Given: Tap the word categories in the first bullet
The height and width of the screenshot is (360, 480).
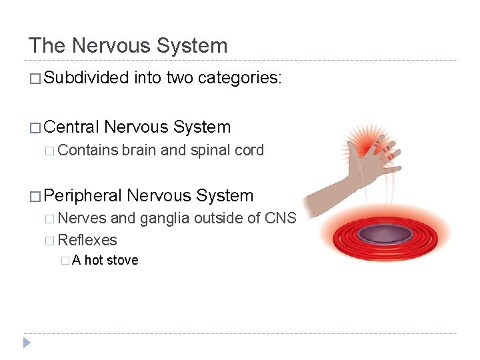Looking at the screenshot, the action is pyautogui.click(x=242, y=79).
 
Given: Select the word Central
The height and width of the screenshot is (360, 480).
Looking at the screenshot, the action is pyautogui.click(x=73, y=127).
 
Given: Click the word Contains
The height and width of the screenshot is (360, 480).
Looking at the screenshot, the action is pyautogui.click(x=88, y=150).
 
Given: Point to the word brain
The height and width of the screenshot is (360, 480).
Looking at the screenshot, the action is pyautogui.click(x=138, y=150).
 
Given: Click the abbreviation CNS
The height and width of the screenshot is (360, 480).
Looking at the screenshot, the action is pyautogui.click(x=280, y=217).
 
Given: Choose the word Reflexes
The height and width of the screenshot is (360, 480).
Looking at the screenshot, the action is pyautogui.click(x=87, y=240).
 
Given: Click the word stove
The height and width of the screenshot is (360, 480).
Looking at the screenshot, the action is pyautogui.click(x=121, y=260).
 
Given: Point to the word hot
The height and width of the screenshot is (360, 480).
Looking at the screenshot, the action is pyautogui.click(x=93, y=260).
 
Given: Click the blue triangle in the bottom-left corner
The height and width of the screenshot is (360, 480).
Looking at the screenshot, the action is pyautogui.click(x=27, y=343).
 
